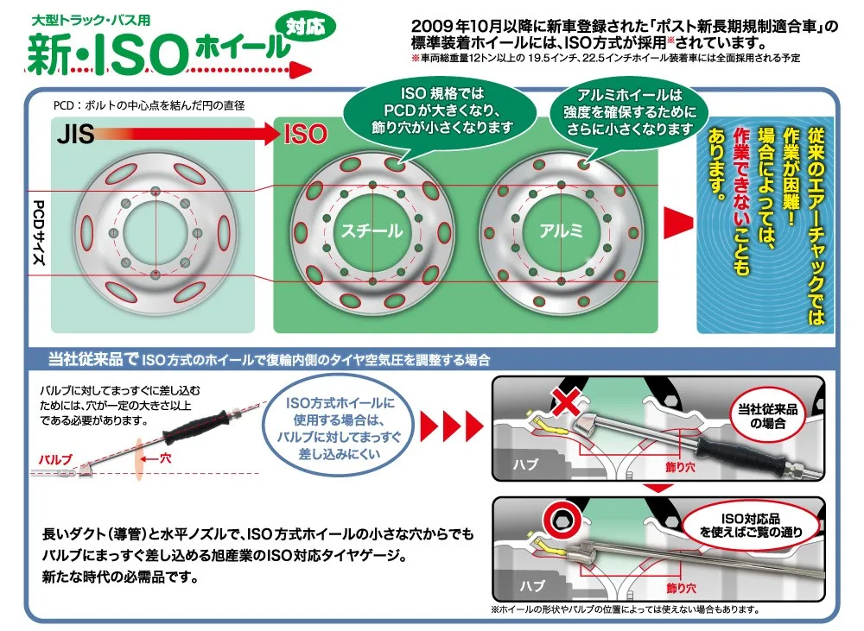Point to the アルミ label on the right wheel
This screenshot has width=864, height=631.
[x=561, y=231]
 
